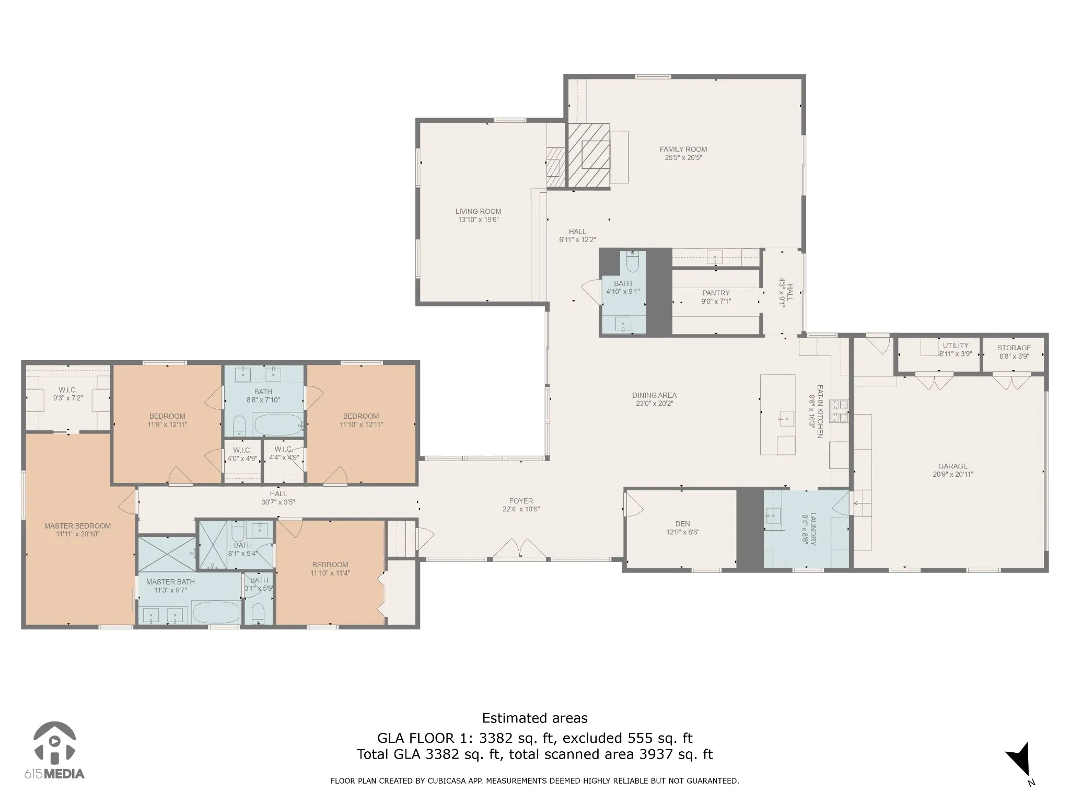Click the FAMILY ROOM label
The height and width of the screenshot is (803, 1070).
(x=683, y=149)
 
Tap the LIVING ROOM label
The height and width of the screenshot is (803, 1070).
(x=478, y=211)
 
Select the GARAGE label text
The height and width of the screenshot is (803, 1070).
(x=953, y=466)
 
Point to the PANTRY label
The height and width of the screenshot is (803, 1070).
(x=716, y=293)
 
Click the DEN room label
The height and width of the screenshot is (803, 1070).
(x=682, y=524)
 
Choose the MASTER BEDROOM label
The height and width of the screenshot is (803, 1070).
(x=77, y=526)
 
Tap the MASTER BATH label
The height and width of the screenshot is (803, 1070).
(x=170, y=582)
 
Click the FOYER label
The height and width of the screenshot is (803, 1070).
(x=521, y=501)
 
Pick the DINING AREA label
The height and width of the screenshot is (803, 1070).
(x=654, y=395)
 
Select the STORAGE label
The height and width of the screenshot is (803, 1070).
(x=1014, y=348)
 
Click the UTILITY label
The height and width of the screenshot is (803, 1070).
(x=956, y=346)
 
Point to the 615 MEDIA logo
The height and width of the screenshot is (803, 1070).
(x=54, y=751)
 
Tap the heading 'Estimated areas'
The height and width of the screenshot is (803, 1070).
(x=534, y=718)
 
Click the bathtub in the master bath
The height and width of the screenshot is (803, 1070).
(x=216, y=611)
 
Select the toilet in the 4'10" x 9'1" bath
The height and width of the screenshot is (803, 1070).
(x=632, y=261)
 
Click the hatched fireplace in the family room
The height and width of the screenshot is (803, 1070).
(x=589, y=155)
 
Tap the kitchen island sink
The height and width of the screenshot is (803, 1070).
(x=785, y=418)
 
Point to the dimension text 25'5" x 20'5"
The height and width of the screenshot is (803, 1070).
(x=683, y=157)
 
